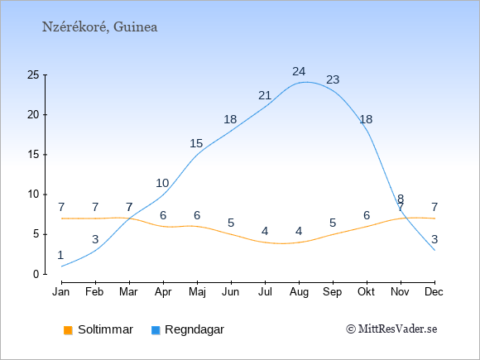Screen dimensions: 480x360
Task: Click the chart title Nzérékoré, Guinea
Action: pyautogui.click(x=100, y=27)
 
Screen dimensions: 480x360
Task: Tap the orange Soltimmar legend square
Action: pyautogui.click(x=68, y=330)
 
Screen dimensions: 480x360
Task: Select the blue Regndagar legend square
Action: pyautogui.click(x=156, y=330)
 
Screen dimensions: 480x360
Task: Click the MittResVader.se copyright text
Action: pyautogui.click(x=391, y=329)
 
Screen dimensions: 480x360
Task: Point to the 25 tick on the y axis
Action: pyautogui.click(x=33, y=74)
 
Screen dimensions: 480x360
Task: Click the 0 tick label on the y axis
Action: pyautogui.click(x=36, y=274)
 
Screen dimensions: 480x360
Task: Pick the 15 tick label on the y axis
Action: pyautogui.click(x=33, y=154)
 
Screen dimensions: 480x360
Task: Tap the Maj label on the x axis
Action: pyautogui.click(x=197, y=292)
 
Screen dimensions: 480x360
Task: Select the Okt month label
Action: pyautogui.click(x=366, y=292)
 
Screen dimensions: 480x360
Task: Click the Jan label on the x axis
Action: pyautogui.click(x=61, y=292)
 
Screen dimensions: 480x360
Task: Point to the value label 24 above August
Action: pyautogui.click(x=299, y=71)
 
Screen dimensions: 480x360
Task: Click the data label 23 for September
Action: pyautogui.click(x=333, y=79)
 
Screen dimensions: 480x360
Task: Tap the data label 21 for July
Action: pyautogui.click(x=265, y=95)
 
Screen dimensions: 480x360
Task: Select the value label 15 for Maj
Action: pyautogui.click(x=196, y=143)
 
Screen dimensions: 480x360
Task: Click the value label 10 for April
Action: pyautogui.click(x=162, y=183)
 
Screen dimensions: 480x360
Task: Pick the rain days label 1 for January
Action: pyautogui.click(x=61, y=255)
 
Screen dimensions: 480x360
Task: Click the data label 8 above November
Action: pyautogui.click(x=401, y=199)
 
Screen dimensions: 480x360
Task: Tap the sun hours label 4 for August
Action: pyautogui.click(x=299, y=231)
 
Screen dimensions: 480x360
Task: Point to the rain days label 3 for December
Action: pyautogui.click(x=434, y=239)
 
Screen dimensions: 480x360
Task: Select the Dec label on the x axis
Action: pyautogui.click(x=434, y=292)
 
